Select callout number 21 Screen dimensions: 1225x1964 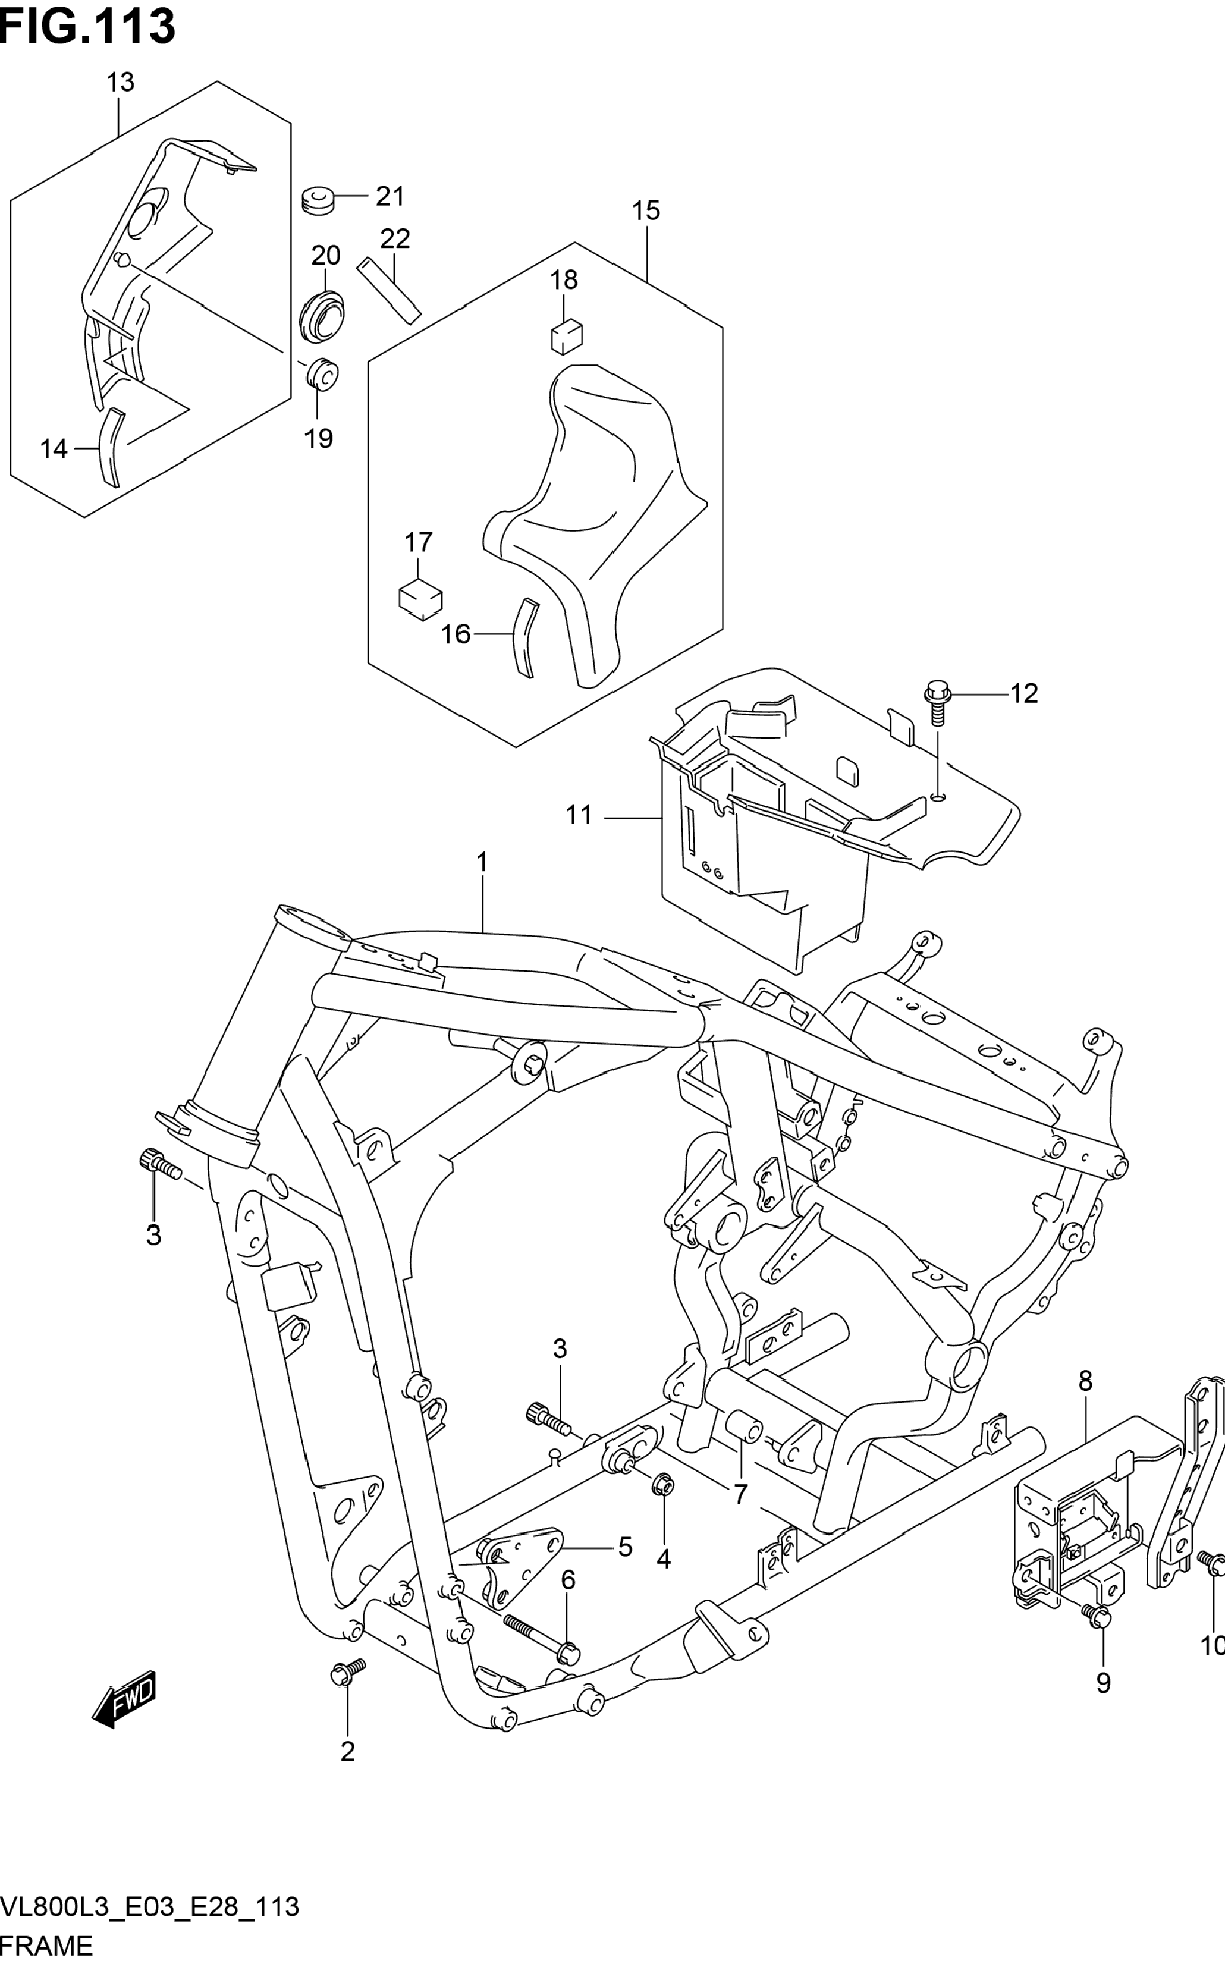coord(390,196)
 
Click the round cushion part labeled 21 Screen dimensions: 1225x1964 coord(318,199)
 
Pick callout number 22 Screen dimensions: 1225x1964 coord(395,238)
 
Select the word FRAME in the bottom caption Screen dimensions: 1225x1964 coord(47,1946)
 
